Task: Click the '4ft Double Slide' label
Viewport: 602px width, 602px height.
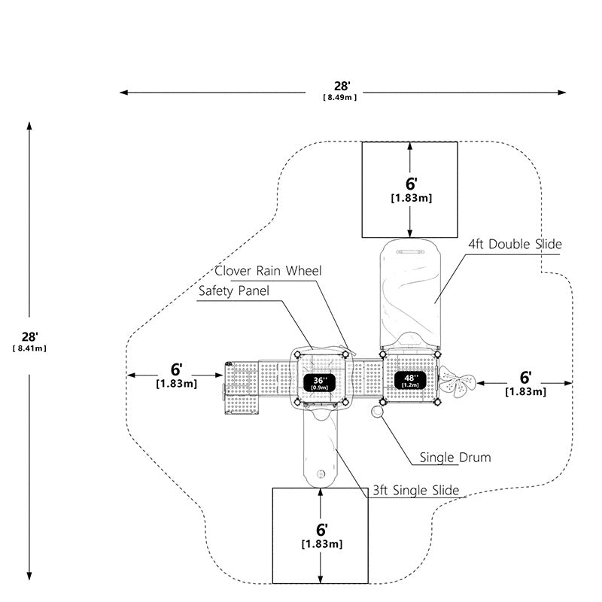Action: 515,244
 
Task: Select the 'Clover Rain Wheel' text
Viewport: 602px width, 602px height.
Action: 268,271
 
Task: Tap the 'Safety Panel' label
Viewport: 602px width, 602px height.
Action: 234,291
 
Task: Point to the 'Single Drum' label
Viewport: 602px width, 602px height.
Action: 455,458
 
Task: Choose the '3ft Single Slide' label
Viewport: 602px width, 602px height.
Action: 416,491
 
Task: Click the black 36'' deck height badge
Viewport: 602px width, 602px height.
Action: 319,383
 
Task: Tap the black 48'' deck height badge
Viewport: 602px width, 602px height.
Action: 410,381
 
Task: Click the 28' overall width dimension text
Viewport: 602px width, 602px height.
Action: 342,87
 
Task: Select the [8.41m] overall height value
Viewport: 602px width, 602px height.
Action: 29,348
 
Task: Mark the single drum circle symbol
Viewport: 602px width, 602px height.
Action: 378,412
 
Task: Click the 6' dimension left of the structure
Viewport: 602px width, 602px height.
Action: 176,369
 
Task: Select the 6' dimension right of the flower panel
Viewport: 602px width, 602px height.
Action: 525,378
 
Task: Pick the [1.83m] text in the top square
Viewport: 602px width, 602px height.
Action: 411,198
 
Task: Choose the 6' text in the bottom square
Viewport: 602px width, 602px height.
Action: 322,530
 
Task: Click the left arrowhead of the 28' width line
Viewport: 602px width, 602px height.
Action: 123,93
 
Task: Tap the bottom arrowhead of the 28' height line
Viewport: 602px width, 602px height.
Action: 29,576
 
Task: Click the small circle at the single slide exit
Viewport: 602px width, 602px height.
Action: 321,474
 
